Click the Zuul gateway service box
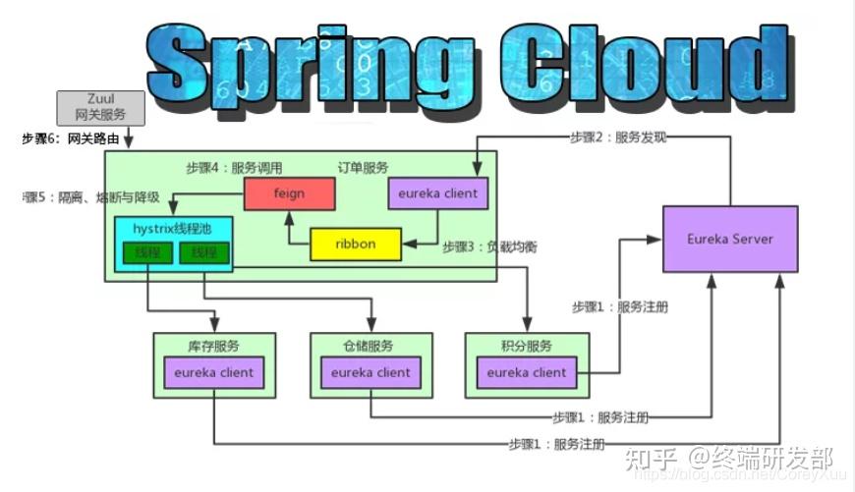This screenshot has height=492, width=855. click(100, 107)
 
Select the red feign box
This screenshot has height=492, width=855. click(289, 194)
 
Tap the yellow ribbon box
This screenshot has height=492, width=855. click(355, 245)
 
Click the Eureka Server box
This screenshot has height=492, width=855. click(730, 239)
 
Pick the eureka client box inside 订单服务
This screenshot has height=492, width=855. click(432, 194)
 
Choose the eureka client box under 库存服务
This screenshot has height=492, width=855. click(213, 372)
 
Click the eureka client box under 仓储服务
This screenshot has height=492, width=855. click(370, 372)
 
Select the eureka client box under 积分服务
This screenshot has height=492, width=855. click(526, 372)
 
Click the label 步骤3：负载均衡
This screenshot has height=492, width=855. click(488, 246)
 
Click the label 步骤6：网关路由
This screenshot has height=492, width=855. click(71, 139)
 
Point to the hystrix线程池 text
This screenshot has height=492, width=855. click(173, 229)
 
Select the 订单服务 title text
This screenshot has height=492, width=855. click(364, 167)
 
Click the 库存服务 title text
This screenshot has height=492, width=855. click(212, 346)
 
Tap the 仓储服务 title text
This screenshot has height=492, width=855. click(369, 346)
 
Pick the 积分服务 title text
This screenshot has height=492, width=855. click(526, 346)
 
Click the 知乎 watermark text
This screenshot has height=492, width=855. click(650, 458)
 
